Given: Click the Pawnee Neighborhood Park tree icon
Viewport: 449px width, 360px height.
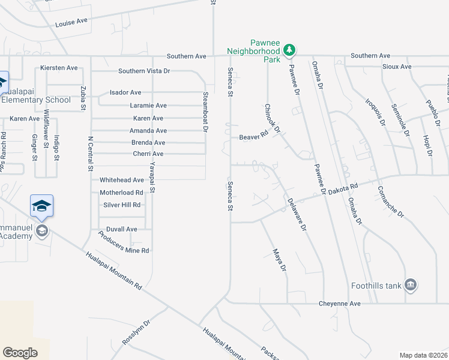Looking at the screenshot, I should pyautogui.click(x=290, y=49).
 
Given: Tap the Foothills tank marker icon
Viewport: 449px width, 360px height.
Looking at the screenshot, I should pyautogui.click(x=411, y=284).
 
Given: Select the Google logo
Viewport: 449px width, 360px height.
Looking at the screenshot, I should pyautogui.click(x=20, y=353).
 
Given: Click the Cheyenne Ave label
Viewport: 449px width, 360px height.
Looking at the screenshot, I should pyautogui.click(x=339, y=304).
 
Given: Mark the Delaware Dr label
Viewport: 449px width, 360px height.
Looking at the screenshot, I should pyautogui.click(x=297, y=215).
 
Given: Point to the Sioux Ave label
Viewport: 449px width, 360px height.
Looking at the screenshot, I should pyautogui.click(x=397, y=67).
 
